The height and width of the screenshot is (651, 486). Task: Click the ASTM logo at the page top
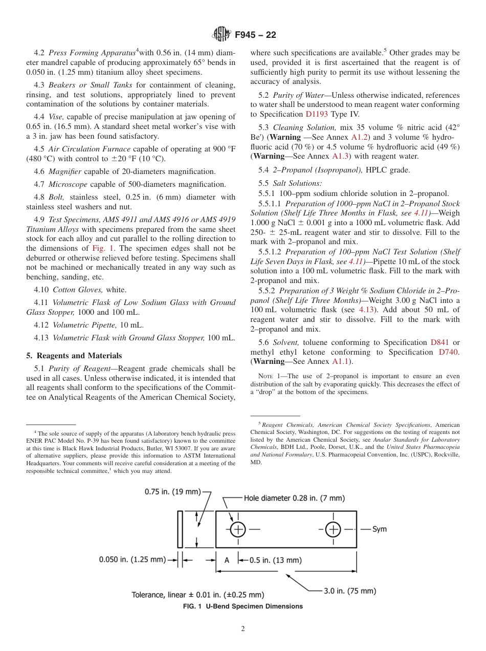pyautogui.click(x=222, y=35)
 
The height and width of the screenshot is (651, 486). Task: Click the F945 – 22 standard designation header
pyautogui.click(x=255, y=35)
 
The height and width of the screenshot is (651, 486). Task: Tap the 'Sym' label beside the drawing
pyautogui.click(x=379, y=529)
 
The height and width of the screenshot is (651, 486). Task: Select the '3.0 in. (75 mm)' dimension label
pyautogui.click(x=350, y=591)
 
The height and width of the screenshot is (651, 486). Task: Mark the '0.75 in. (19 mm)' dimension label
pyautogui.click(x=173, y=492)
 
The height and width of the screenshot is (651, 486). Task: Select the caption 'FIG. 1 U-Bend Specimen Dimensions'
pyautogui.click(x=243, y=606)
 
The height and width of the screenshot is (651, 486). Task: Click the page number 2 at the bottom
pyautogui.click(x=243, y=629)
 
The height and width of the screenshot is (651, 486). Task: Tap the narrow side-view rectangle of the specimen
pyautogui.click(x=180, y=529)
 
